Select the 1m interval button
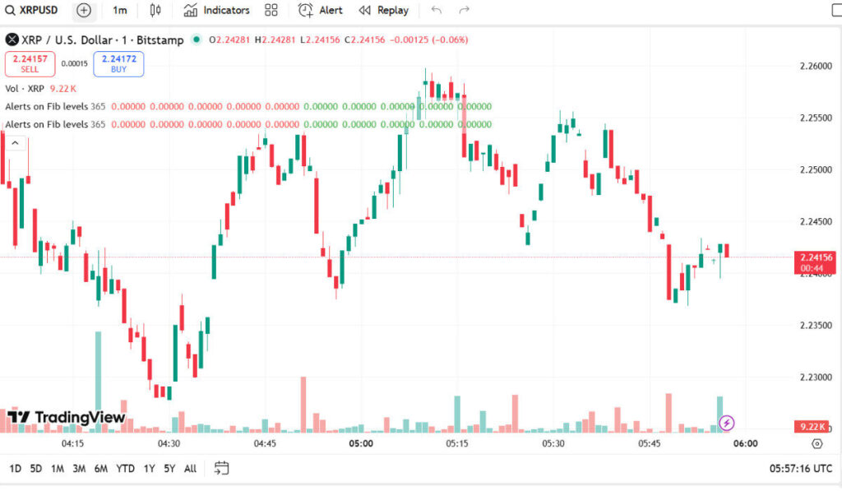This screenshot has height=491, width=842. tap(120, 11)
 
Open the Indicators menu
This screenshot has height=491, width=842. tap(217, 11)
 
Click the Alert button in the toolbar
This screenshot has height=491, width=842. tap(321, 11)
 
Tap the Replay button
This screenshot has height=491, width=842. tap(384, 11)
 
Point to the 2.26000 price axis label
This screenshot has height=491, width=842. tap(815, 67)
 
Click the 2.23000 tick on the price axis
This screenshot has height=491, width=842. tap(815, 378)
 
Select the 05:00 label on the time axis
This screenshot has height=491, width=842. tap(361, 443)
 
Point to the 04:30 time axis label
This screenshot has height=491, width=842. tap(169, 443)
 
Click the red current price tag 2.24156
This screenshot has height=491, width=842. tap(815, 257)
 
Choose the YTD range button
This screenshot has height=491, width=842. tap(125, 469)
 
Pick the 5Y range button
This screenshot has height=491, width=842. tap(169, 469)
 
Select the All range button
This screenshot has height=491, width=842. tap(190, 469)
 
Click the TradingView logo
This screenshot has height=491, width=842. tap(67, 418)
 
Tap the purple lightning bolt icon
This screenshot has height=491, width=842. tap(727, 424)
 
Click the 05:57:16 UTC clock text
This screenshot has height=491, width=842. tap(801, 469)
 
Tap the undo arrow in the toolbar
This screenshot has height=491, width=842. tap(436, 11)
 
